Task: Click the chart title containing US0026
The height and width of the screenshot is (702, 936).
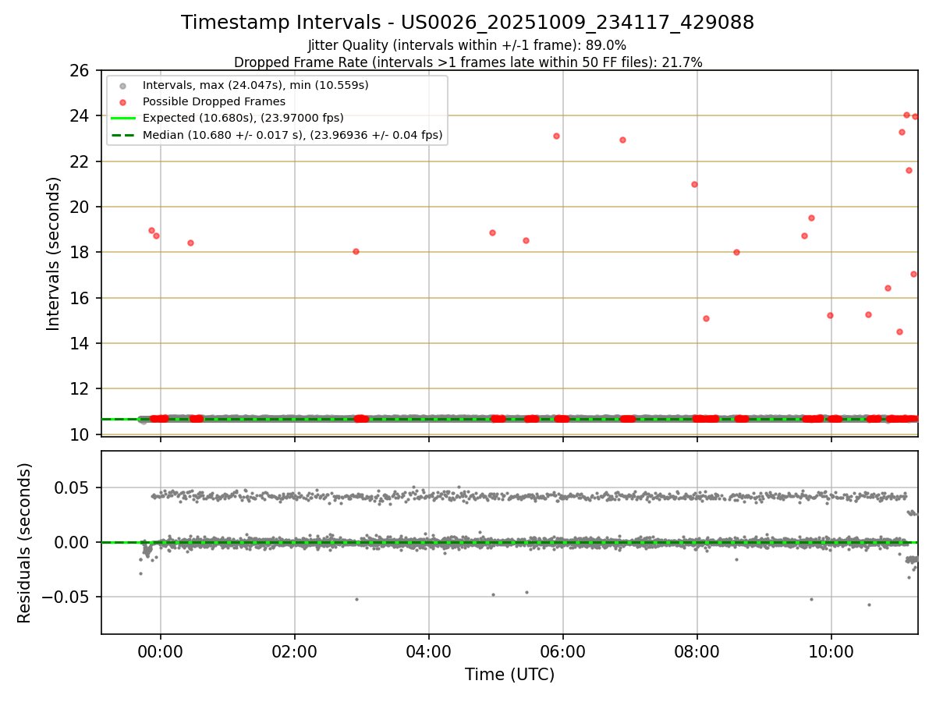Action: coord(467,23)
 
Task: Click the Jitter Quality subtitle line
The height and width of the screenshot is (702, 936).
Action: coord(467,45)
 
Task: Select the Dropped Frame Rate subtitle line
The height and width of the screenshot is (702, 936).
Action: coord(468,62)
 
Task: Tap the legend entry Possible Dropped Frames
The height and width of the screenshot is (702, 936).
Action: coord(214,101)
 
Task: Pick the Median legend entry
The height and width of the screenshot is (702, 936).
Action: coord(292,135)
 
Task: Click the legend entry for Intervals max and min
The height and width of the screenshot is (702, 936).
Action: coord(255,84)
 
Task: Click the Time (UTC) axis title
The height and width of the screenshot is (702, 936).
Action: coord(509,675)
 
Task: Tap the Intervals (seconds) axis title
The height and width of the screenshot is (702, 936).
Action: coord(53,253)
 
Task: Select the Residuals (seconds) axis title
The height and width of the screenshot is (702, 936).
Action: coord(25,543)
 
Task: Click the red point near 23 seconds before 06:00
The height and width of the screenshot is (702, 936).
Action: coord(556,136)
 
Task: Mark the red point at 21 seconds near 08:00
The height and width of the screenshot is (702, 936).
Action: coord(694,184)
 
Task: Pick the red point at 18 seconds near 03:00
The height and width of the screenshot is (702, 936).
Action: coord(356,251)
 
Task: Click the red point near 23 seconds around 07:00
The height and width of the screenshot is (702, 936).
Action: coord(622,140)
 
